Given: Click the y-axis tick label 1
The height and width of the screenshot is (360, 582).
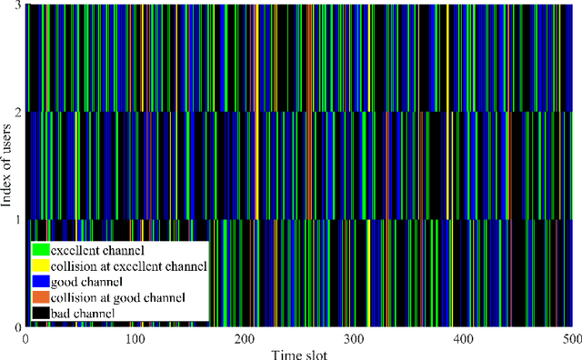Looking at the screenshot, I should point(17,220).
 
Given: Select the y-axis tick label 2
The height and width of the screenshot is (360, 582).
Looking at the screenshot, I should point(17,113).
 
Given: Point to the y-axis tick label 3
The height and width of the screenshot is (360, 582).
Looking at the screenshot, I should point(17,6).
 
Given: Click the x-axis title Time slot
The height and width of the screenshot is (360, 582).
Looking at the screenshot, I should point(296,353).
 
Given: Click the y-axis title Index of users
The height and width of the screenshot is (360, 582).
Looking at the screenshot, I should point(7,166).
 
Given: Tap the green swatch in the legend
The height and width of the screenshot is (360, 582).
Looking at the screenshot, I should point(39,249).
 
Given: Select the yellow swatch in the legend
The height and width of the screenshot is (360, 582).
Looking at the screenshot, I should point(39,265).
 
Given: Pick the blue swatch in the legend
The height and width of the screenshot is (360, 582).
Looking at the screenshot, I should point(39,282).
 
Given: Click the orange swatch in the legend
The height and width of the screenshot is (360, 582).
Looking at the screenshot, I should point(39,297).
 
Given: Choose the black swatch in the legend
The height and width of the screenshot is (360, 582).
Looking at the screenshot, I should point(39,313).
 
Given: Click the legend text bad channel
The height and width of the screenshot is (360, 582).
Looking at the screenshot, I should point(84,313).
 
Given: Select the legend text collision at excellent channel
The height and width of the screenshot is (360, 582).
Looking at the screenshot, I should point(128,265).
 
